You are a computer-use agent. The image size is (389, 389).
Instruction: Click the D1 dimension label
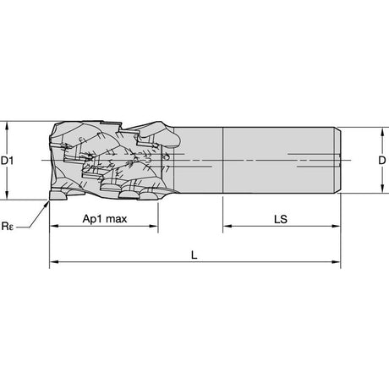point(7,161)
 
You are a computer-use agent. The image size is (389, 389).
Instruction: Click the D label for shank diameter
point(382,161)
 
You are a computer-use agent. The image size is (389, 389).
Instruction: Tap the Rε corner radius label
point(8,226)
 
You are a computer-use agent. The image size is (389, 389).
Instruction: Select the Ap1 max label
point(105,219)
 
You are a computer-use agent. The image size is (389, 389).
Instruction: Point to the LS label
point(281,219)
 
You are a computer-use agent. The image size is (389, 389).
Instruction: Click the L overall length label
point(194,255)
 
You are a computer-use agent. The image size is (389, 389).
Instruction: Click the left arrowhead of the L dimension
point(54,262)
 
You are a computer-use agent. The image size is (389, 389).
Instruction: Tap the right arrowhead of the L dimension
point(336,262)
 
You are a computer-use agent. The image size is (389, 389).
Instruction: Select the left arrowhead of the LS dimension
point(227,226)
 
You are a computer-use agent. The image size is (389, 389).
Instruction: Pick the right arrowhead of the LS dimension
point(336,226)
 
